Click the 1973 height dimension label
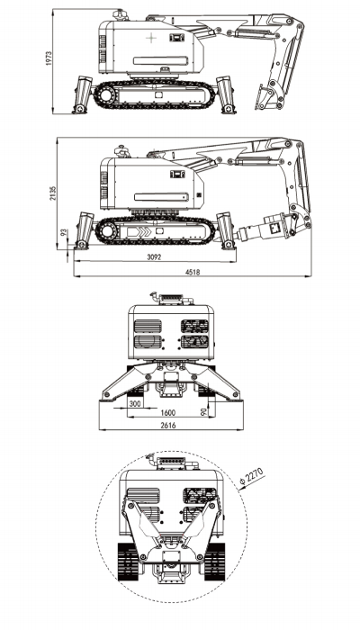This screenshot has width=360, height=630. [x=49, y=58]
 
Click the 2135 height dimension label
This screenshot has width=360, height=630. [x=53, y=193]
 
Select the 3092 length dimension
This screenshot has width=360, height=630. [x=154, y=257]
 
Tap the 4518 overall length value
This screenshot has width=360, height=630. [x=192, y=272]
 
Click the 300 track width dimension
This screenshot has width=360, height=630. [x=135, y=404]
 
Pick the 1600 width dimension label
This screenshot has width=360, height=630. [x=168, y=413]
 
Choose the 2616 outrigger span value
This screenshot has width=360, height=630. [x=168, y=426]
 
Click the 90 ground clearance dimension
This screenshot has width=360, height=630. [x=203, y=411]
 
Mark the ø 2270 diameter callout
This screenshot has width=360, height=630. [x=252, y=477]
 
